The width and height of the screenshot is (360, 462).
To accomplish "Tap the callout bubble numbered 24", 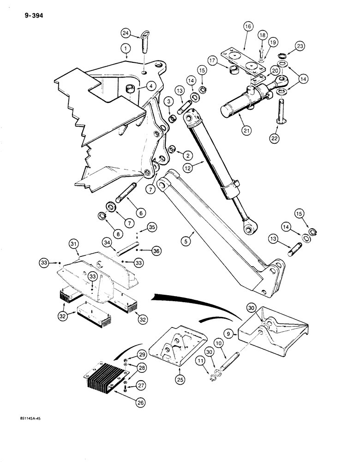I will pyautogui.click(x=126, y=33).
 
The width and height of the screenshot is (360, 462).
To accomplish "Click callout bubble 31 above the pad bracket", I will pyautogui.click(x=74, y=244).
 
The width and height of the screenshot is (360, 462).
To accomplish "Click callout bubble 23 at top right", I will pyautogui.click(x=300, y=46).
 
